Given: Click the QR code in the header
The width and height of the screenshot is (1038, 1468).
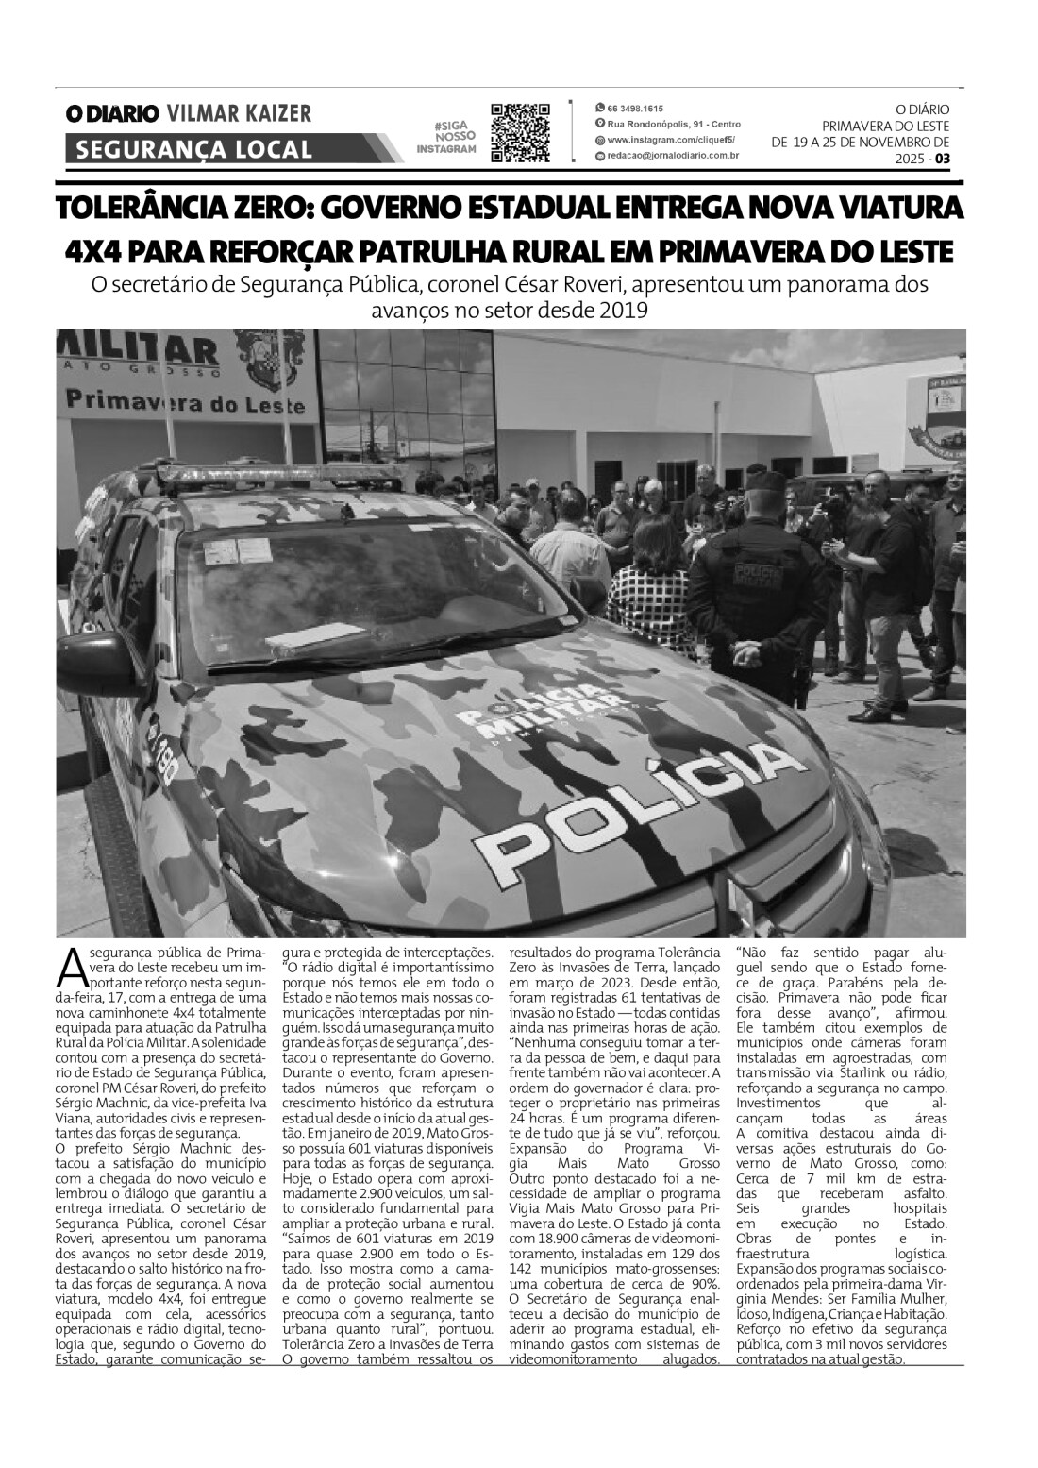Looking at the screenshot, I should [520, 133].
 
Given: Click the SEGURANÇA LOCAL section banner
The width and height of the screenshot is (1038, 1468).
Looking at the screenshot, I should [193, 148].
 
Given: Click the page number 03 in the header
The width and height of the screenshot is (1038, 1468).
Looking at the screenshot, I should [943, 160].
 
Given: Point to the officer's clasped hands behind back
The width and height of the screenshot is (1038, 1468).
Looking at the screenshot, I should [745, 650].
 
